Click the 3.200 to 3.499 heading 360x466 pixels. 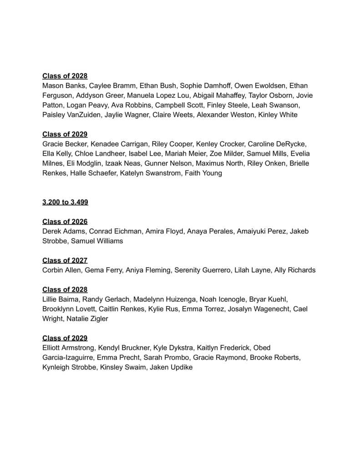pyautogui.click(x=65, y=202)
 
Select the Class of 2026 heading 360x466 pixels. pyautogui.click(x=65, y=222)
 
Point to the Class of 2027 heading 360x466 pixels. pyautogui.click(x=65, y=260)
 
